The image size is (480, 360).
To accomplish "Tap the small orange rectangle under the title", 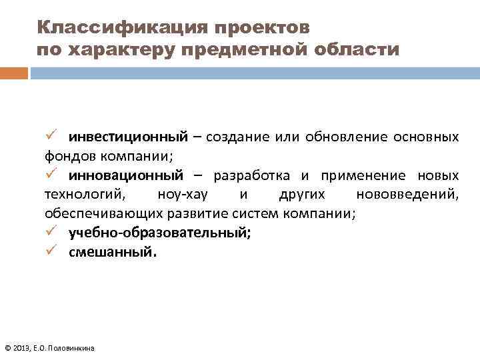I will coord(13,73).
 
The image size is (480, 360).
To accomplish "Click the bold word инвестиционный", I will coord(125,138).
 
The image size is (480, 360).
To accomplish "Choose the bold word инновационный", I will coord(125,176).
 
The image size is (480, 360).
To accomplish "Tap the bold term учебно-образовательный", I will coord(159,234).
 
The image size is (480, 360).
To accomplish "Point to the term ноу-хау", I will coord(177,195).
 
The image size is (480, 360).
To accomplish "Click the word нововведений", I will coord(407,195).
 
